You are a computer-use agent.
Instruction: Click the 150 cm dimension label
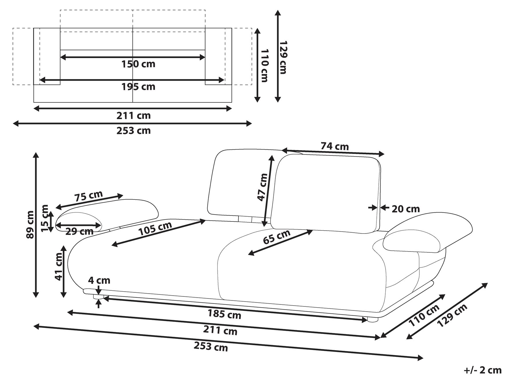click(x=138, y=64)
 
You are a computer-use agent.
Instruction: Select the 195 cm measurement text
click(x=138, y=86)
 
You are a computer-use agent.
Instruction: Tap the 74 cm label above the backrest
click(x=335, y=146)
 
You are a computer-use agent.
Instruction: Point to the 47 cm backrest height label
click(x=263, y=187)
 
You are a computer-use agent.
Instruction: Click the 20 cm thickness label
click(x=406, y=209)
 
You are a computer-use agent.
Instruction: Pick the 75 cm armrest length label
click(x=88, y=196)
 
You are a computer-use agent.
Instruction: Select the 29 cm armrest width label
click(x=79, y=231)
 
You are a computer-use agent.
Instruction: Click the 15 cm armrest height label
click(x=45, y=218)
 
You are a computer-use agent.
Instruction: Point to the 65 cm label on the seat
click(x=277, y=237)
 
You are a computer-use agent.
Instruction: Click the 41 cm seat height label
click(x=59, y=266)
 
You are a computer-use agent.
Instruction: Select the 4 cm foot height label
click(x=99, y=280)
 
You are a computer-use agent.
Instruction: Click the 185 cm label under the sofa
click(x=224, y=314)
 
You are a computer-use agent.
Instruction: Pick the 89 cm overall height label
click(x=30, y=224)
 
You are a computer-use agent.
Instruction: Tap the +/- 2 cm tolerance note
click(x=483, y=370)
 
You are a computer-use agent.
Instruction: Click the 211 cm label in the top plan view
click(x=133, y=116)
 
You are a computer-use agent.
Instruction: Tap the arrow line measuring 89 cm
click(x=35, y=225)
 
